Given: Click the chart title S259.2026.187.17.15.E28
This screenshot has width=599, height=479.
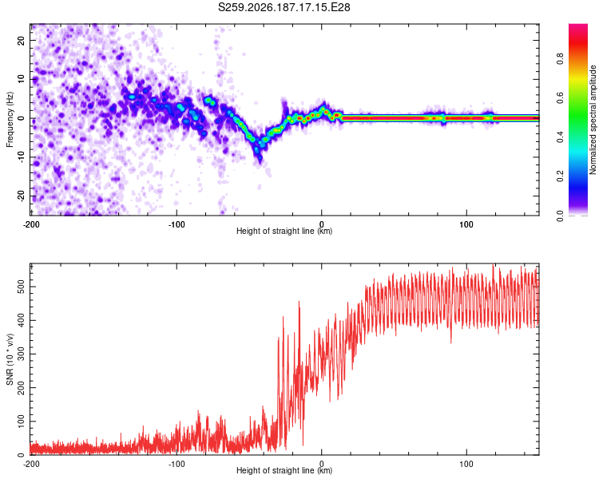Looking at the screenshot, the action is point(284,7).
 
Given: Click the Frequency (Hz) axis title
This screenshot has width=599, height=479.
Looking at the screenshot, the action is point(10,120).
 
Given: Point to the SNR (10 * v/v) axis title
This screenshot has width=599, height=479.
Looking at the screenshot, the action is point(10,359).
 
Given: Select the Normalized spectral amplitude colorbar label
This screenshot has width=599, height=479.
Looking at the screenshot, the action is point(593,120).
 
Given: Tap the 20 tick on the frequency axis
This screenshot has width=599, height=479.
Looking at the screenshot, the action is point(22,41).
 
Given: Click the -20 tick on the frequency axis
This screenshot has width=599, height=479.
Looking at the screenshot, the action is point(22,196).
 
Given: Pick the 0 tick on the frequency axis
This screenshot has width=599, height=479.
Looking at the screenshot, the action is point(22,118).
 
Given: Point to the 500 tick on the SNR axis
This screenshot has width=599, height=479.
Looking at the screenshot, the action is point(22,287).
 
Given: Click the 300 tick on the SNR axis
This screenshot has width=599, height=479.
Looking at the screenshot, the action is point(22,354).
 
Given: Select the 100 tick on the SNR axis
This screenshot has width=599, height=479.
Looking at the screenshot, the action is point(22,422).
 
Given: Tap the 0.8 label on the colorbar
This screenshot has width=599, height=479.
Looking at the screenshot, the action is point(560,59).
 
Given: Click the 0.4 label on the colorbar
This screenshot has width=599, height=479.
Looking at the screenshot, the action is point(560,137).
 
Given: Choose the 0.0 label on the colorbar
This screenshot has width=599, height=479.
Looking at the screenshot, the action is point(560,216).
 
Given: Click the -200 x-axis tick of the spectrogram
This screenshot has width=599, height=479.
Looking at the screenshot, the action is point(31,224).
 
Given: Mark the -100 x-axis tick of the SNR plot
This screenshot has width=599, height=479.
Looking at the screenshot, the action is point(177,464).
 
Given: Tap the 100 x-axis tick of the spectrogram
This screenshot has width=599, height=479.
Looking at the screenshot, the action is point(466,224).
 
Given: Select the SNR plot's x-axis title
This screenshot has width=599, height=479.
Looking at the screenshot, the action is point(284,470).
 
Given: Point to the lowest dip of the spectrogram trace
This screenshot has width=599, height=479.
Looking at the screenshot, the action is point(260,158).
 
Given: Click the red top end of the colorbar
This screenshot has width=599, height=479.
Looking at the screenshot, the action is point(578,26).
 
